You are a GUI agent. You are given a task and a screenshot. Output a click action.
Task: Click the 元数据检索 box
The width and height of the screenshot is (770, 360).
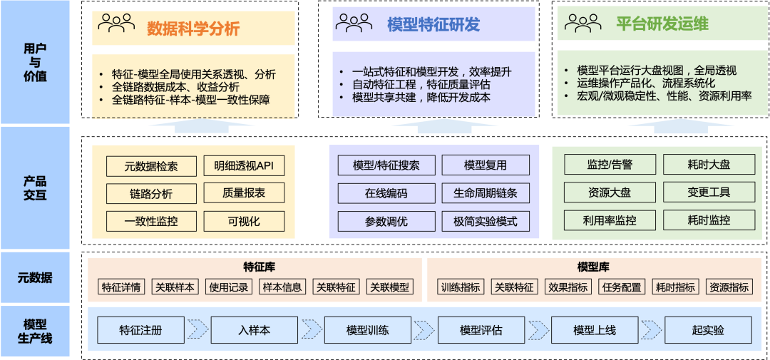click(150, 166)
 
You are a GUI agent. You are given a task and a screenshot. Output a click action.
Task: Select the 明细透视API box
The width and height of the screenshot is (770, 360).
click(244, 166)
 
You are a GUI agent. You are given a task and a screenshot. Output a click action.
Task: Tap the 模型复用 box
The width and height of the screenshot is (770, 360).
click(486, 165)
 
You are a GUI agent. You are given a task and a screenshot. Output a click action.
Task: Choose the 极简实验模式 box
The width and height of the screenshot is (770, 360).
click(486, 221)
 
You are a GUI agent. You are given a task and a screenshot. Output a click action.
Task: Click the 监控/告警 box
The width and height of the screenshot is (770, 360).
click(610, 165)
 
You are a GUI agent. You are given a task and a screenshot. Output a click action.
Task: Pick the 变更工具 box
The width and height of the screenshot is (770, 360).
click(709, 192)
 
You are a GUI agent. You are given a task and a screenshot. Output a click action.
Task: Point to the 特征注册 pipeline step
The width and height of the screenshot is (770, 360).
click(140, 330)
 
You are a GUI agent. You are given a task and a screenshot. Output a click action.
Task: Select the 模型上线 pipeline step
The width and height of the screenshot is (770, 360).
click(595, 330)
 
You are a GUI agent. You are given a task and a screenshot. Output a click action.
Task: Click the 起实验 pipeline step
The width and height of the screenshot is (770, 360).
click(708, 330)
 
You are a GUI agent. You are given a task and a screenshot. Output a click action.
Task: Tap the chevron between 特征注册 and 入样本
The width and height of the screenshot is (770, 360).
click(197, 330)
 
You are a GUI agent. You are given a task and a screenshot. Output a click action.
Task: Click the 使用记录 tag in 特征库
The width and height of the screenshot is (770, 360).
click(228, 287)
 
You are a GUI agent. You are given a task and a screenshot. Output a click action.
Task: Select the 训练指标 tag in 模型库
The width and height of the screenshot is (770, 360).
click(461, 287)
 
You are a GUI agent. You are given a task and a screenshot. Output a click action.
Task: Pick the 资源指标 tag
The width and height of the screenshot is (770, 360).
click(729, 287)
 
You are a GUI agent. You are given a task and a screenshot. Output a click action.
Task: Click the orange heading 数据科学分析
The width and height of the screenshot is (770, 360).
click(193, 28)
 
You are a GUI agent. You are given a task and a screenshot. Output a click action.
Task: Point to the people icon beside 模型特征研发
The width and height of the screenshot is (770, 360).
click(354, 24)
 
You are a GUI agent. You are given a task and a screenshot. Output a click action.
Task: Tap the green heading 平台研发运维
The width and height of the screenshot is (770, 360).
click(662, 24)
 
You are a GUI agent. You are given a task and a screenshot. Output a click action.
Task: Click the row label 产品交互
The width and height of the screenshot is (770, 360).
click(35, 188)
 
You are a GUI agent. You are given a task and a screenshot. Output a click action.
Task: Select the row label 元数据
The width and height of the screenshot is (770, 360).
click(35, 277)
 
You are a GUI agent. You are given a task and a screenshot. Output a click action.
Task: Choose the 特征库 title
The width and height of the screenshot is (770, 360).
click(259, 267)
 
